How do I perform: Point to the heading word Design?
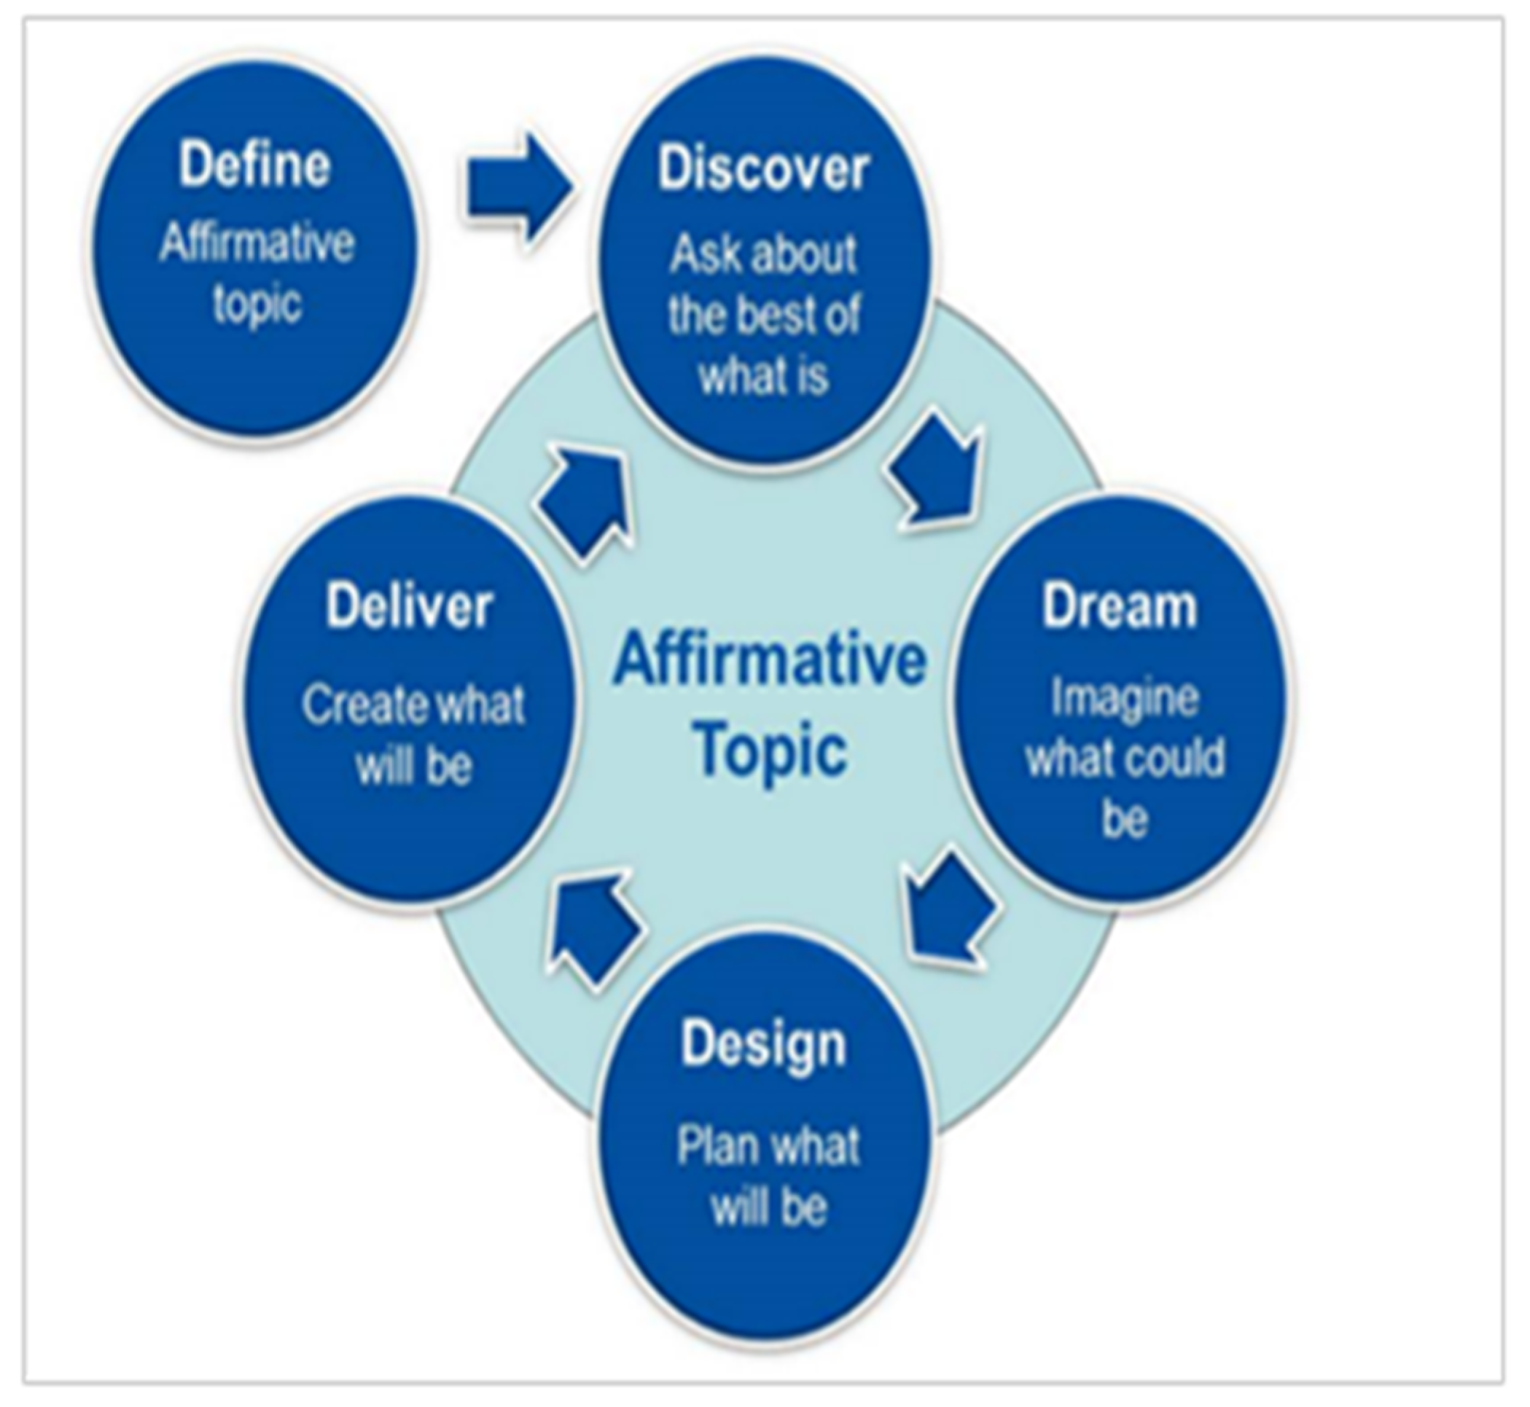coord(764,1046)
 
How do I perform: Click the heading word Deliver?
coord(409,607)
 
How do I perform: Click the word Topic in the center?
coord(770,750)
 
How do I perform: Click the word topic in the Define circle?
coord(257,305)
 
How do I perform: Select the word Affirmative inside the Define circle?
coord(257,244)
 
